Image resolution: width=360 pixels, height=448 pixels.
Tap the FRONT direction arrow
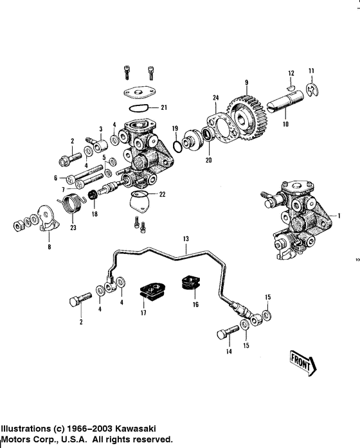click(303, 363)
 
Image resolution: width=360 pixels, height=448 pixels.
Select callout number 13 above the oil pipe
click(186, 238)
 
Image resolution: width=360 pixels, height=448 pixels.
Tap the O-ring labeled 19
click(177, 146)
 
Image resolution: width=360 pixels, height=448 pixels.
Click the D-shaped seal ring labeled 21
click(138, 108)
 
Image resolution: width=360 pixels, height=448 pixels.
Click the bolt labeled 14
click(228, 332)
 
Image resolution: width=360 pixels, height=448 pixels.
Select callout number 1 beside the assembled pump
click(339, 216)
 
